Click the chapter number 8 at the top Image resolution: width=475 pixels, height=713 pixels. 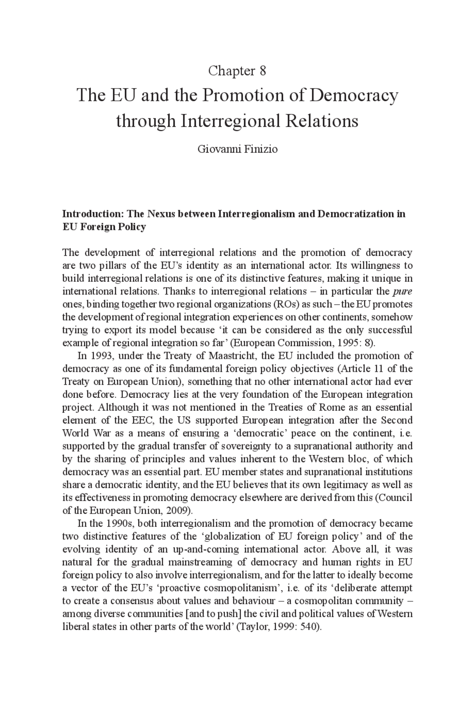pyautogui.click(x=263, y=71)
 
